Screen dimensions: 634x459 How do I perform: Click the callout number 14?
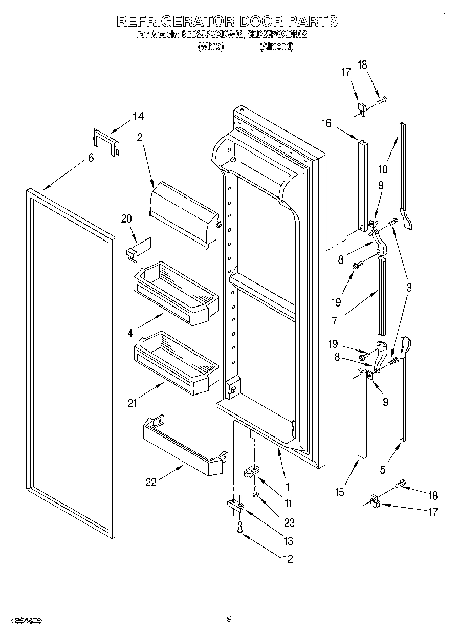[x=138, y=116]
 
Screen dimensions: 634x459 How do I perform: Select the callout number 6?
[x=91, y=158]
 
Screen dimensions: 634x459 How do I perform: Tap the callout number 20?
[x=126, y=218]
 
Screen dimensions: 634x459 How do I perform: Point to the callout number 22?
[x=151, y=482]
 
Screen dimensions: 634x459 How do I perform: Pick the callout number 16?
[x=326, y=123]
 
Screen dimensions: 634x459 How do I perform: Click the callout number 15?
[x=339, y=492]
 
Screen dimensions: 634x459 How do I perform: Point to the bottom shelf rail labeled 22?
[x=185, y=444]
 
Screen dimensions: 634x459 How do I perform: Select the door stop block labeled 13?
[x=235, y=506]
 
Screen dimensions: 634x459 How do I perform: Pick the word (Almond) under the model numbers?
[x=276, y=46]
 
